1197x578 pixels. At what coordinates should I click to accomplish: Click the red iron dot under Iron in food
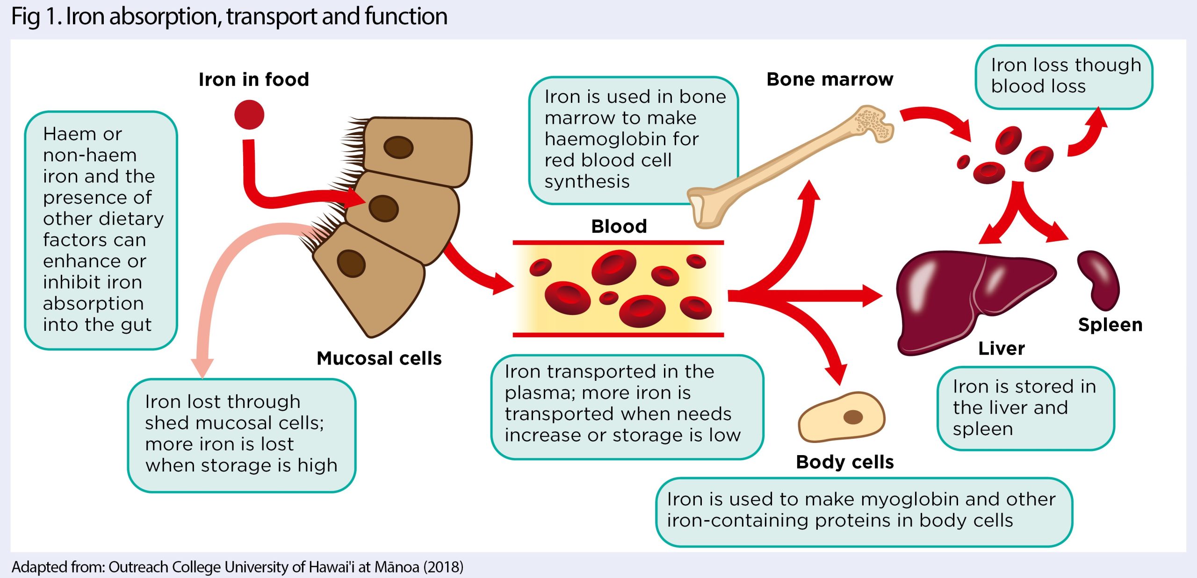coord(249,114)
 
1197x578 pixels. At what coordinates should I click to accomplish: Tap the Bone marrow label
coord(829,79)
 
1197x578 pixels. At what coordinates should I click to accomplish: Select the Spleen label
coord(1110,325)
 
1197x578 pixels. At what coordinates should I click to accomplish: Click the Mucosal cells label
coord(379,358)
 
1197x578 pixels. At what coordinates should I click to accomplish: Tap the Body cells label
coord(844,462)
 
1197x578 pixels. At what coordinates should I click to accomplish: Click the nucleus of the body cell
coord(852,417)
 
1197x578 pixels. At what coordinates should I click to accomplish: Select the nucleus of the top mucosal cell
coord(398,147)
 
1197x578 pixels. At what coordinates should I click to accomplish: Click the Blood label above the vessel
coord(619,227)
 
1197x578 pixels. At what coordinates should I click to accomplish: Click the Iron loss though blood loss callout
coord(1064,76)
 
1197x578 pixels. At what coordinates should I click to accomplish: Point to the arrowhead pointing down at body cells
coord(836,374)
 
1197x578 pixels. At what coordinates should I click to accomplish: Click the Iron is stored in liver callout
coord(1025,408)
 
